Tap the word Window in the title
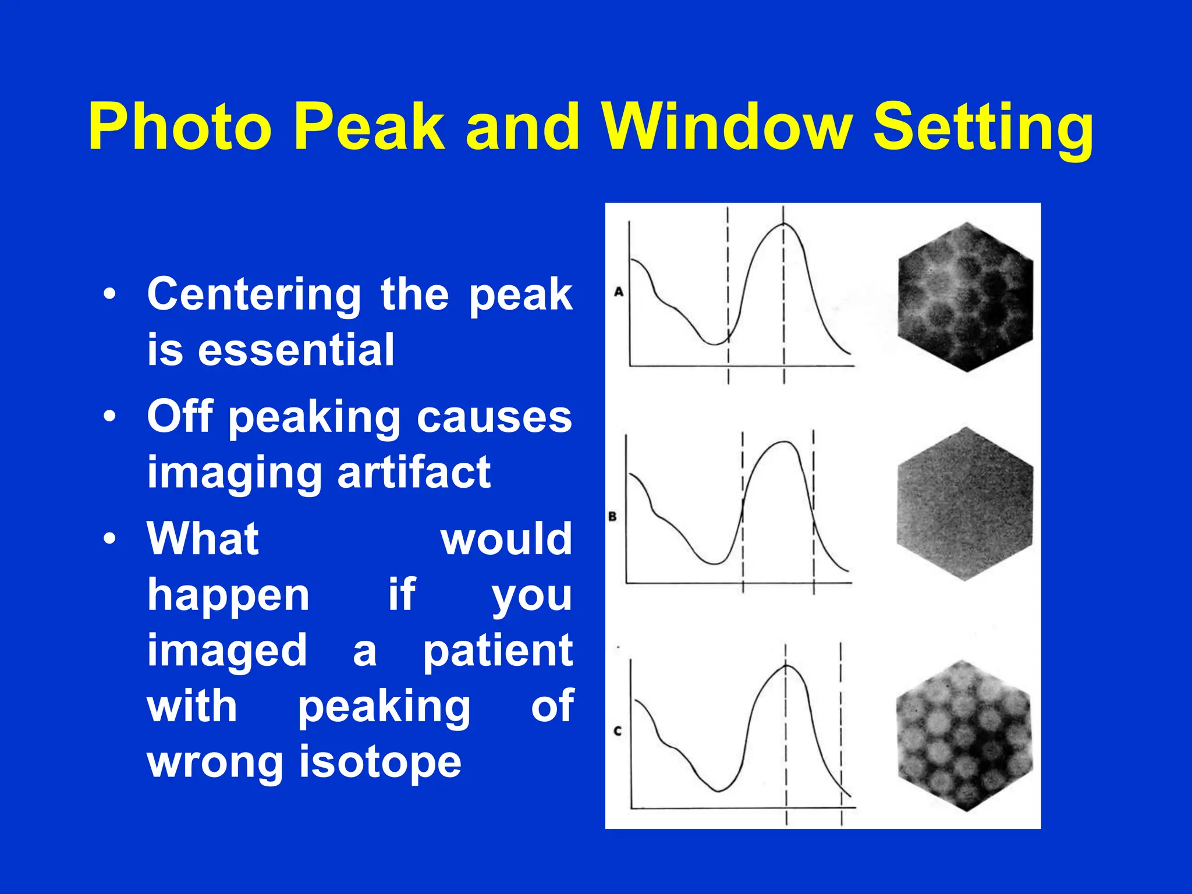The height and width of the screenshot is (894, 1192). (728, 127)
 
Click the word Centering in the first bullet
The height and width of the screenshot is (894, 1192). (254, 296)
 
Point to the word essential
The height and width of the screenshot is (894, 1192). (296, 350)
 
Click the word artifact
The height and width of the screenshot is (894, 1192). (414, 471)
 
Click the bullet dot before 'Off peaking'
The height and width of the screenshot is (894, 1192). (109, 417)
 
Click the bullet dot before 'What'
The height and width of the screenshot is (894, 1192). (109, 539)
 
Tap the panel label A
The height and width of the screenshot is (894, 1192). (619, 292)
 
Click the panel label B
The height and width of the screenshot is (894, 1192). (612, 516)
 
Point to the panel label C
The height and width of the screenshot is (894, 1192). (618, 730)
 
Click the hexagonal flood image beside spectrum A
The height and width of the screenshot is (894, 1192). (965, 297)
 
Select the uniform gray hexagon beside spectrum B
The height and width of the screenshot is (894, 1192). (965, 504)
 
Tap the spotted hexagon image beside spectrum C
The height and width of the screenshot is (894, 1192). (964, 736)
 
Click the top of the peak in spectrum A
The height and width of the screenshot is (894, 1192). (784, 224)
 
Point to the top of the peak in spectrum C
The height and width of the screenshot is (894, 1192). (786, 665)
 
